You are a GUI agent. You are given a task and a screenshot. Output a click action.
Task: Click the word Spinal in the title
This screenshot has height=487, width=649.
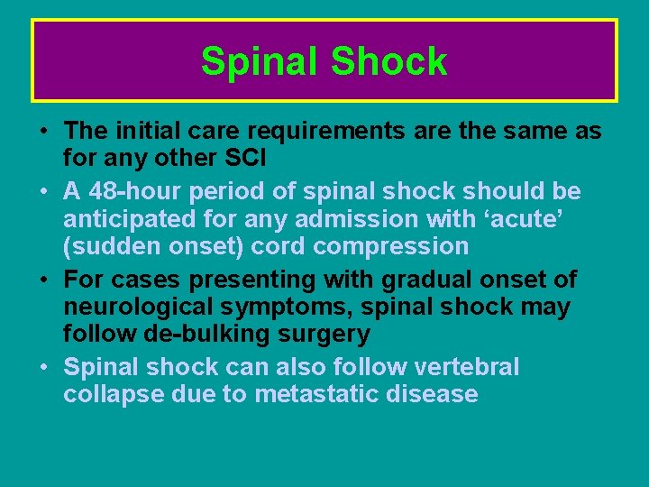coord(260,61)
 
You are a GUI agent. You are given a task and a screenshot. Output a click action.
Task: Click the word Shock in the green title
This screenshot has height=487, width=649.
coord(388,61)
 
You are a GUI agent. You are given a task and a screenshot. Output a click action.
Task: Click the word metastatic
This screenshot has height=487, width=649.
coord(346,394)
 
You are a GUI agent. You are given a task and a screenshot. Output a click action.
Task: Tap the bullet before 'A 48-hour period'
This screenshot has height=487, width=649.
coord(44,192)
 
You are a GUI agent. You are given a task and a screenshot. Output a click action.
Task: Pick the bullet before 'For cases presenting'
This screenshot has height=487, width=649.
coord(44,280)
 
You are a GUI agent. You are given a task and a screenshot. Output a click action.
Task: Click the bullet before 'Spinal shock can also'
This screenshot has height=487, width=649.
coord(44,367)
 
